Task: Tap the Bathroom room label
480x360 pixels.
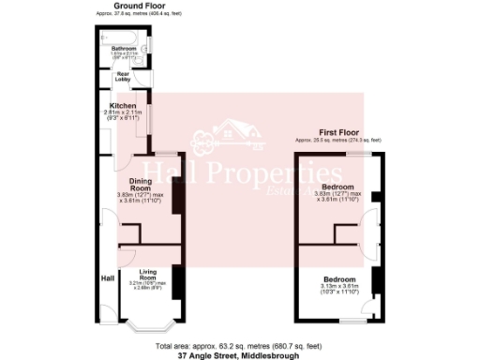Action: point(124,48)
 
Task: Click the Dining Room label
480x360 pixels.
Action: point(141,186)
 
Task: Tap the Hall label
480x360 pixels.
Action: point(108,277)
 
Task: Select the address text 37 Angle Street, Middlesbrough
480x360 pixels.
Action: point(239,355)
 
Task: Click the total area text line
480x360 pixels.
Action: point(239,347)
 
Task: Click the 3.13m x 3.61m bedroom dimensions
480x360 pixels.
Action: point(339,289)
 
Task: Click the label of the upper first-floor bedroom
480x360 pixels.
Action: point(337,187)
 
